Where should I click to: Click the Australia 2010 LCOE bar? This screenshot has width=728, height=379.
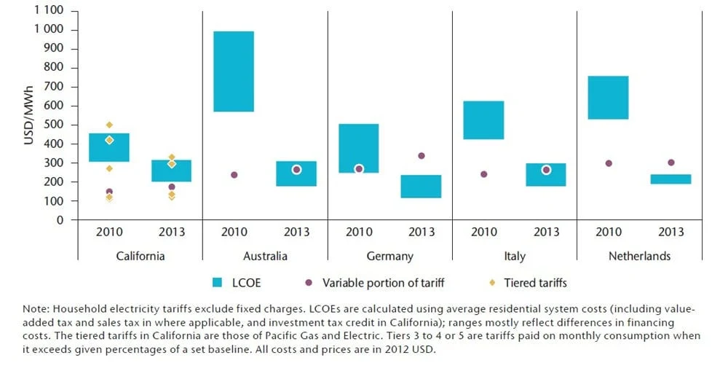[x=234, y=71]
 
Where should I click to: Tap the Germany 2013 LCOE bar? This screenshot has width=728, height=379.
[x=421, y=187]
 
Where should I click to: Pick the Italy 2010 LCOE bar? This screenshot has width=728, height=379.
[x=483, y=120]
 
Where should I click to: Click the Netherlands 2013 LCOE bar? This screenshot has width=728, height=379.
[x=670, y=179]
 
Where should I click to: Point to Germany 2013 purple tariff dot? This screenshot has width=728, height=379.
[x=422, y=156]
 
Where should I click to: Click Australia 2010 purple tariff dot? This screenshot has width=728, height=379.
[x=234, y=175]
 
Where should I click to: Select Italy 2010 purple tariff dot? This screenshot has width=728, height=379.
[x=484, y=174]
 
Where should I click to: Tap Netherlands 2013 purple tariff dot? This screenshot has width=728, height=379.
[x=671, y=163]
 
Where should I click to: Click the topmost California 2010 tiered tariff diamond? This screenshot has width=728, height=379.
[x=109, y=125]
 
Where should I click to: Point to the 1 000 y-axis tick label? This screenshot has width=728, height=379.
[x=48, y=30]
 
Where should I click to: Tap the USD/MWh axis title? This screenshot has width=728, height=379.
[x=29, y=116]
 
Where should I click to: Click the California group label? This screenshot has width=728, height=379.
[x=141, y=257]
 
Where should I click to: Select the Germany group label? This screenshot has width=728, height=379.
[x=389, y=257]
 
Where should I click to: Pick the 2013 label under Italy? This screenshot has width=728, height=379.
[x=546, y=233]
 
